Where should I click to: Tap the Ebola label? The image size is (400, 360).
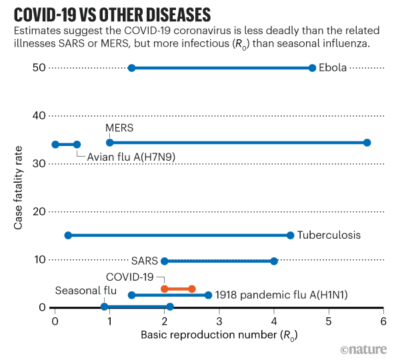[x=333, y=68]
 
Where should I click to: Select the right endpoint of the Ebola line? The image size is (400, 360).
[x=312, y=68]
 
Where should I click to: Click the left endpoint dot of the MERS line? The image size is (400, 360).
[x=110, y=143]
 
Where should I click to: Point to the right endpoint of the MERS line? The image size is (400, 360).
[x=367, y=143]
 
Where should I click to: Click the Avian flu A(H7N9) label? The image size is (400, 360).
[x=127, y=157]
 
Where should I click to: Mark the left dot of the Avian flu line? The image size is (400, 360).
[x=55, y=144]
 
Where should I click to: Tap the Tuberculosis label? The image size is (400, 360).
[x=329, y=235]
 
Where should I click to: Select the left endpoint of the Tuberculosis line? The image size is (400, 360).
[x=68, y=235]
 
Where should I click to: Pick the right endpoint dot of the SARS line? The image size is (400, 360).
[x=274, y=261]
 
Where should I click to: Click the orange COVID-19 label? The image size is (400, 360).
[x=130, y=277]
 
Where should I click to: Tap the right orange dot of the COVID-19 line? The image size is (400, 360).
[x=192, y=289]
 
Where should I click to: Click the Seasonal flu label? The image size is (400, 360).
[x=86, y=291]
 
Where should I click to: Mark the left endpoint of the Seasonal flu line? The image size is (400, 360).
[x=104, y=307]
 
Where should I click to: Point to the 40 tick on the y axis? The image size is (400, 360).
[x=38, y=115]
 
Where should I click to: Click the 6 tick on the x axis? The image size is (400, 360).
[x=383, y=321]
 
